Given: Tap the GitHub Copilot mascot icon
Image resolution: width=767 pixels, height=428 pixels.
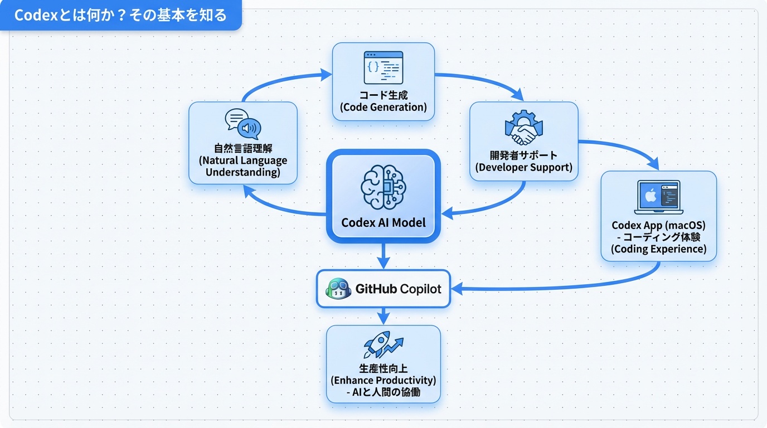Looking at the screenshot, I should point(338,289).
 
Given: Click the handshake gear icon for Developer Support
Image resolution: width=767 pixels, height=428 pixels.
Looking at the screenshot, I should point(523,129).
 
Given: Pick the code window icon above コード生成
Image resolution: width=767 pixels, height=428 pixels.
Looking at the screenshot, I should point(383,67).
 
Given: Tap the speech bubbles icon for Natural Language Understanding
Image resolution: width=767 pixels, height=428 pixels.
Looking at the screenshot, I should point(243,124).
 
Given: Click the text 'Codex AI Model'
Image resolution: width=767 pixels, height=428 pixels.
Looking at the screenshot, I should point(383,223).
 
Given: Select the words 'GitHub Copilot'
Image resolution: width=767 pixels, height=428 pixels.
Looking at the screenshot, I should point(398,289).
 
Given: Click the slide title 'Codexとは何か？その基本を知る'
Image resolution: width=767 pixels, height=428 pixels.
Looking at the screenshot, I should point(120,15).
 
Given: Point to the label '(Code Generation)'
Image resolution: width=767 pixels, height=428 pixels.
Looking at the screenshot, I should point(383,107).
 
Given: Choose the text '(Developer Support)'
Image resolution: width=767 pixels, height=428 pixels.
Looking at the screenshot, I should point(523,167).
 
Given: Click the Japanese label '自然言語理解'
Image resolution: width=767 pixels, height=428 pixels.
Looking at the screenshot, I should point(243,148).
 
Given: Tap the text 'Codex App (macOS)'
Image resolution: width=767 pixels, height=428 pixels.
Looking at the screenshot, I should point(658,225).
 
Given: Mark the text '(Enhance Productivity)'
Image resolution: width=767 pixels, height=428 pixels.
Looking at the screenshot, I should point(383,380).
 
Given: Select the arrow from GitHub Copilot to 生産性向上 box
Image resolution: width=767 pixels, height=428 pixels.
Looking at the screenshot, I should point(383,315).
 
